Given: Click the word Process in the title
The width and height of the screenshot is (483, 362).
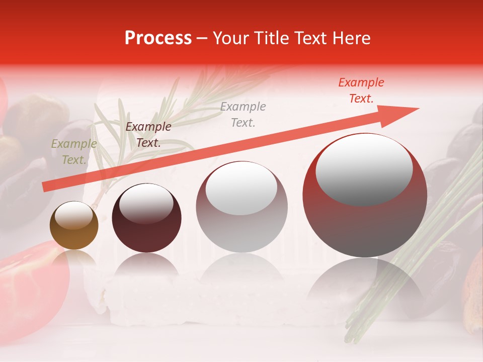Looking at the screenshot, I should (158, 38).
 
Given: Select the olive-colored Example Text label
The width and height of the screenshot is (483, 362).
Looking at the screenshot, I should (74, 152).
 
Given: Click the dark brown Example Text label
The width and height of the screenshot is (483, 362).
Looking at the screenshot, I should (148, 135).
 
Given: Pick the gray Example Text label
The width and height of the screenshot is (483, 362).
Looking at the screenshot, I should (243, 114).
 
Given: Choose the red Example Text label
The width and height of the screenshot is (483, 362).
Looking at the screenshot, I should (361, 90).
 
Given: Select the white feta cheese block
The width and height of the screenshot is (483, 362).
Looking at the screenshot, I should (201, 302).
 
